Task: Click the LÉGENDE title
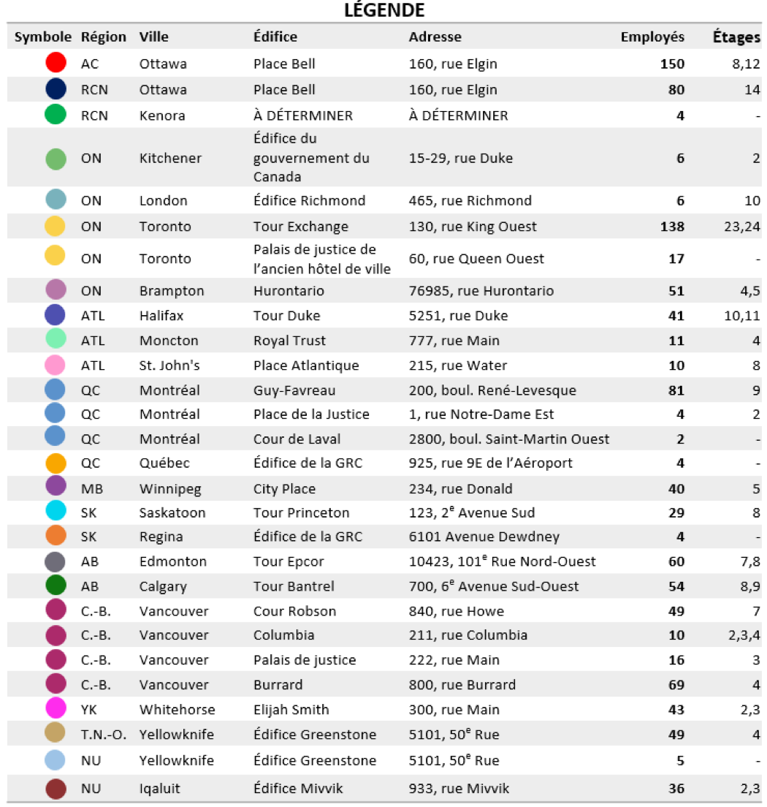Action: [x=384, y=10]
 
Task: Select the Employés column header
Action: [x=652, y=37]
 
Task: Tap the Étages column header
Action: [x=736, y=37]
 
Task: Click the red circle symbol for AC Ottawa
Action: [x=56, y=64]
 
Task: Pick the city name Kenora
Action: [x=162, y=115]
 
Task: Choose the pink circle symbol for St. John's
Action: [x=56, y=365]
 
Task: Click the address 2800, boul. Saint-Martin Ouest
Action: [x=509, y=439]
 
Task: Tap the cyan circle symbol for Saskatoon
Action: [x=56, y=512]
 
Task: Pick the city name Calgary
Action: [x=163, y=586]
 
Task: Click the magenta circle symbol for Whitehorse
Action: [x=56, y=709]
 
